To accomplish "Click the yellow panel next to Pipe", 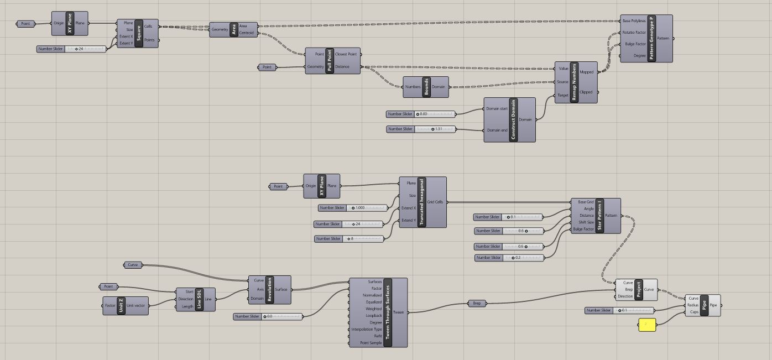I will pos(647,325).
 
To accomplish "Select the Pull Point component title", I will pos(330,61).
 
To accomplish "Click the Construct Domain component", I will pos(513,120).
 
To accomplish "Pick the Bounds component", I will pos(426,87).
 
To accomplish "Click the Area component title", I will pos(234,29).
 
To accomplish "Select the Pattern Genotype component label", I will pos(651,38).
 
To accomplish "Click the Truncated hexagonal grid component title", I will pos(422,202).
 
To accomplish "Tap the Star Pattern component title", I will pos(599,216).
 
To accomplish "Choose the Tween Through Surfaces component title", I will pos(387,312).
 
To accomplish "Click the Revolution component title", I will pos(270,290).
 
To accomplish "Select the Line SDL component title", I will pos(200,299).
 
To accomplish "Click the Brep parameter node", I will pos(477,303).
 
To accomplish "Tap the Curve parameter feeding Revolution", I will pos(133,265).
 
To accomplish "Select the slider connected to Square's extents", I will pos(71,49).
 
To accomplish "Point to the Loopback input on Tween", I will pos(374,315).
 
